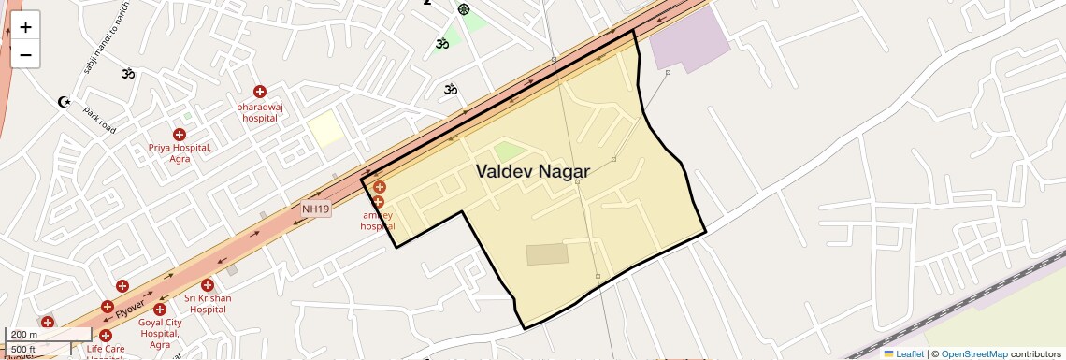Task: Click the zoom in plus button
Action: (25, 27)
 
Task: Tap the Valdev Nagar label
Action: (533, 171)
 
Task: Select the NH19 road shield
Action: (316, 209)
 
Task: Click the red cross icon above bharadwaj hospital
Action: (260, 92)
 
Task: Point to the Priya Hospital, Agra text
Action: (180, 153)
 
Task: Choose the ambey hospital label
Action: (378, 221)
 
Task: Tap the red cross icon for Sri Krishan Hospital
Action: (207, 285)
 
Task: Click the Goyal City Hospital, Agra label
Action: (159, 327)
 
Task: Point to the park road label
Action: (99, 120)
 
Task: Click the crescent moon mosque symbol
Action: (65, 101)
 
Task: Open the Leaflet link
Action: (903, 353)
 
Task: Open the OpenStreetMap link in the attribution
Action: (974, 353)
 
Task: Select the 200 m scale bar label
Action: (25, 334)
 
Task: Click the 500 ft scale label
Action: (23, 349)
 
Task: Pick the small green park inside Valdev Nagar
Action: (510, 151)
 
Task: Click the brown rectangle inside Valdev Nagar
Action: (547, 254)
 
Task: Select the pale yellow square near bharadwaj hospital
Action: (325, 128)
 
